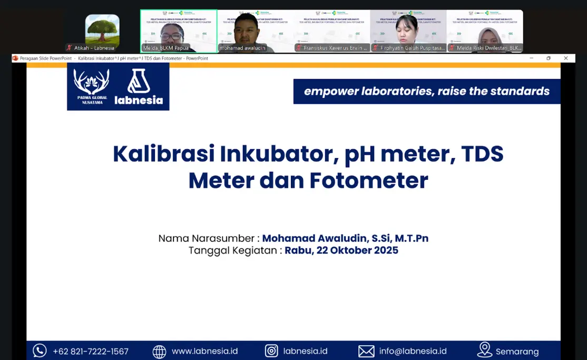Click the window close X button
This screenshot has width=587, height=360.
(x=566, y=58)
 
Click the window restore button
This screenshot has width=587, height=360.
(x=549, y=58)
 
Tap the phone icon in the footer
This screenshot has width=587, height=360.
(x=40, y=351)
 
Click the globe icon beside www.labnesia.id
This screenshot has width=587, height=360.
(x=159, y=351)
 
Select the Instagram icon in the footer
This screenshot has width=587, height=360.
(x=271, y=351)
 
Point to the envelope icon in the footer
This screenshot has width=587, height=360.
(x=366, y=351)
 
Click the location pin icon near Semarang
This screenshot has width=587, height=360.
(x=484, y=350)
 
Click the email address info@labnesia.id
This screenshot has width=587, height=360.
(x=413, y=351)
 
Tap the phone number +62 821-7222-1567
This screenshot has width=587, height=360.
(x=91, y=351)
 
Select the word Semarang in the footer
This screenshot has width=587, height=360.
(x=517, y=352)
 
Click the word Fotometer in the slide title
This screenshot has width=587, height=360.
(x=368, y=180)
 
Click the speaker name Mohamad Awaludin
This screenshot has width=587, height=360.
(x=345, y=238)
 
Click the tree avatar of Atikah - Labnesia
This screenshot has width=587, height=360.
(x=102, y=30)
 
